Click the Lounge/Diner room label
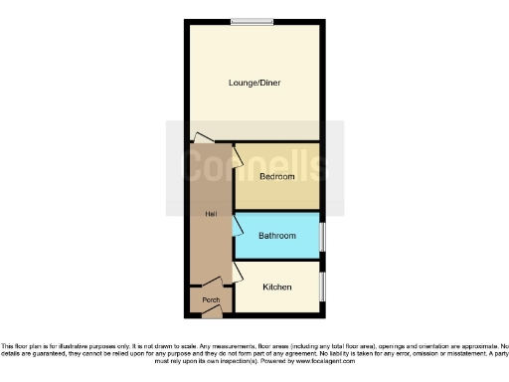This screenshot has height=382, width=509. [254, 83]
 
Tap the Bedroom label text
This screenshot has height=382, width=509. [277, 177]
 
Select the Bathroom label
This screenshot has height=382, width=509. [277, 236]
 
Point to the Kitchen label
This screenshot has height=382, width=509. [277, 287]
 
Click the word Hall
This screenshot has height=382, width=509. [211, 214]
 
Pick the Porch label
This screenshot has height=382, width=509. [211, 300]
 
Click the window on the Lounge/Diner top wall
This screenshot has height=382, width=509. [253, 21]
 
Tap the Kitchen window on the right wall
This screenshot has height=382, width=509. [322, 287]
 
